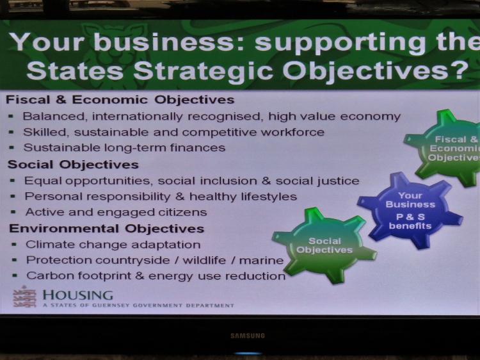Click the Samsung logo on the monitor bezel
tap(248, 336)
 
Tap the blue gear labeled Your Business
tap(410, 211)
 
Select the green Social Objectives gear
tap(324, 245)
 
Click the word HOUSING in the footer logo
tap(77, 295)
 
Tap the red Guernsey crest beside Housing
tap(24, 297)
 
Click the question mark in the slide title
tap(460, 70)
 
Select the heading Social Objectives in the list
tap(73, 165)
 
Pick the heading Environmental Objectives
tap(106, 229)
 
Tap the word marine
tap(261, 261)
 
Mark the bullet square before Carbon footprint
tap(14, 275)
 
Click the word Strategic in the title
tap(203, 71)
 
